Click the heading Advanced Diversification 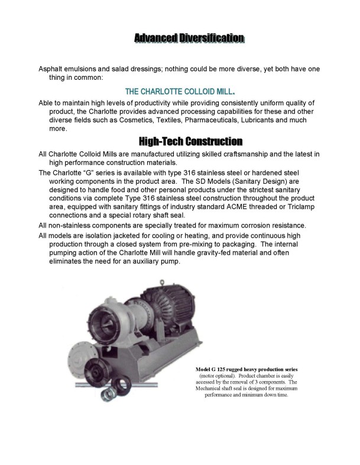point(189,39)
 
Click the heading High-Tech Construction point(190,142)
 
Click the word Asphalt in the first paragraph point(51,69)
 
